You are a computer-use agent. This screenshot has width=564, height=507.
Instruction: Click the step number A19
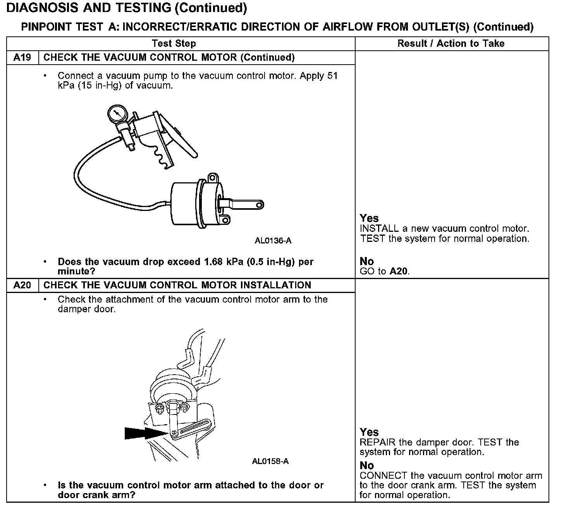coord(22,58)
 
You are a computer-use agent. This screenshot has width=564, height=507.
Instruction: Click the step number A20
coord(22,285)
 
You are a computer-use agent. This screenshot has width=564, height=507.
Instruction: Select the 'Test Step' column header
coord(174,43)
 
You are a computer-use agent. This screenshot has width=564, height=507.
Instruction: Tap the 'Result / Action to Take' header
coord(451,43)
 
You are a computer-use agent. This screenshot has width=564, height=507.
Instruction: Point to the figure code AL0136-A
coord(273,241)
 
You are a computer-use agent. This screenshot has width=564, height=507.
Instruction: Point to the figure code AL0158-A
coord(270,461)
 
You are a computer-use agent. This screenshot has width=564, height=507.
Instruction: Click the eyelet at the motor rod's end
coord(260,204)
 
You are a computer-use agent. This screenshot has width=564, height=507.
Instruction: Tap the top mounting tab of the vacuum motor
coord(211,178)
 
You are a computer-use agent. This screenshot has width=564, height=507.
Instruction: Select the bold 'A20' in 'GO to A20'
coord(399,271)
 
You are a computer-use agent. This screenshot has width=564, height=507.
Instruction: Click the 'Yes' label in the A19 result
coord(369,218)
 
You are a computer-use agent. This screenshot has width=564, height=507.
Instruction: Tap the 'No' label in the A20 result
coord(366,465)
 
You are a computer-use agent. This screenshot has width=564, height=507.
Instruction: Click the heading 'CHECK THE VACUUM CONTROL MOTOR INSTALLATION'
coord(177,285)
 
